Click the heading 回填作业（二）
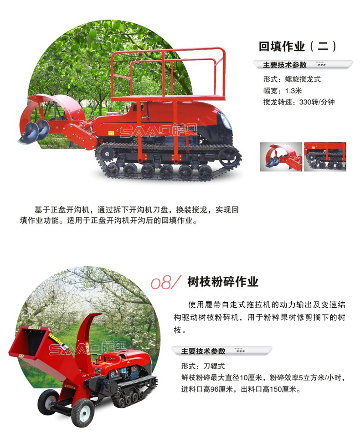tap(297, 46)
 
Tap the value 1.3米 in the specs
tap(293, 91)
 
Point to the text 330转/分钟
tap(317, 102)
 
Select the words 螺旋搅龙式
tap(303, 79)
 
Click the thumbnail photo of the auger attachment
tap(281, 156)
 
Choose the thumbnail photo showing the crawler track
tap(325, 156)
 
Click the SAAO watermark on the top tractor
tap(158, 131)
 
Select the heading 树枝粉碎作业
tap(222, 282)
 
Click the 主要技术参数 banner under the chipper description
tap(221, 351)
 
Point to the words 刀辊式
tap(214, 366)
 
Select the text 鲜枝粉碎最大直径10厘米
tap(222, 377)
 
